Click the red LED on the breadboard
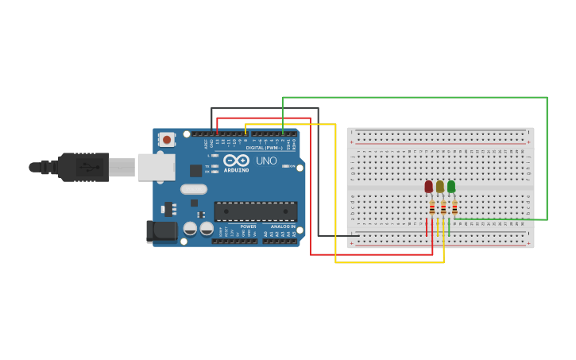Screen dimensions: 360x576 428,186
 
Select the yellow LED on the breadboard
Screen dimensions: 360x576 439,186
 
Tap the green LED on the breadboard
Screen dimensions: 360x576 451,186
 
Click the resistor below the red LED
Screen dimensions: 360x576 432,207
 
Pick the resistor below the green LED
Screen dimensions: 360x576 454,207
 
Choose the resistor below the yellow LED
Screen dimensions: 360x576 443,207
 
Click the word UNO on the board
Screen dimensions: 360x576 266,161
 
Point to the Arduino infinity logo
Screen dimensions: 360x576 236,160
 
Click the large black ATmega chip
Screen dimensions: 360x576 255,211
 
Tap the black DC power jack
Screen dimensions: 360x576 161,231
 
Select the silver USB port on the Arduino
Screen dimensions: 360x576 156,167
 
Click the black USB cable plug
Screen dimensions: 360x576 83,167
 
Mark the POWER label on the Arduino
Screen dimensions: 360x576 248,226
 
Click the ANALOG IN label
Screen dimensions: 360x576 282,226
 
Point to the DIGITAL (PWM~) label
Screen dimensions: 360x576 264,148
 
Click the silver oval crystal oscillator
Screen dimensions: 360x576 193,189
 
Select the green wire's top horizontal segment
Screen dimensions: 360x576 413,98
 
